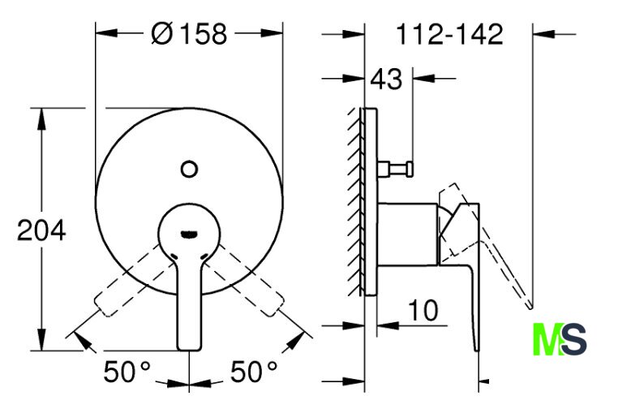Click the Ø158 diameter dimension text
point(189,33)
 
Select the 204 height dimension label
point(41,230)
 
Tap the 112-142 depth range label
point(449,34)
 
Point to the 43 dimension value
point(386,79)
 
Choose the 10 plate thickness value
point(423,310)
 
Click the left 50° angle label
point(127,372)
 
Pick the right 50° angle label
point(254,372)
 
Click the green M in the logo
point(547,339)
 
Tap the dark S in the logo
point(574,339)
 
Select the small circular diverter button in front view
point(189,169)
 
